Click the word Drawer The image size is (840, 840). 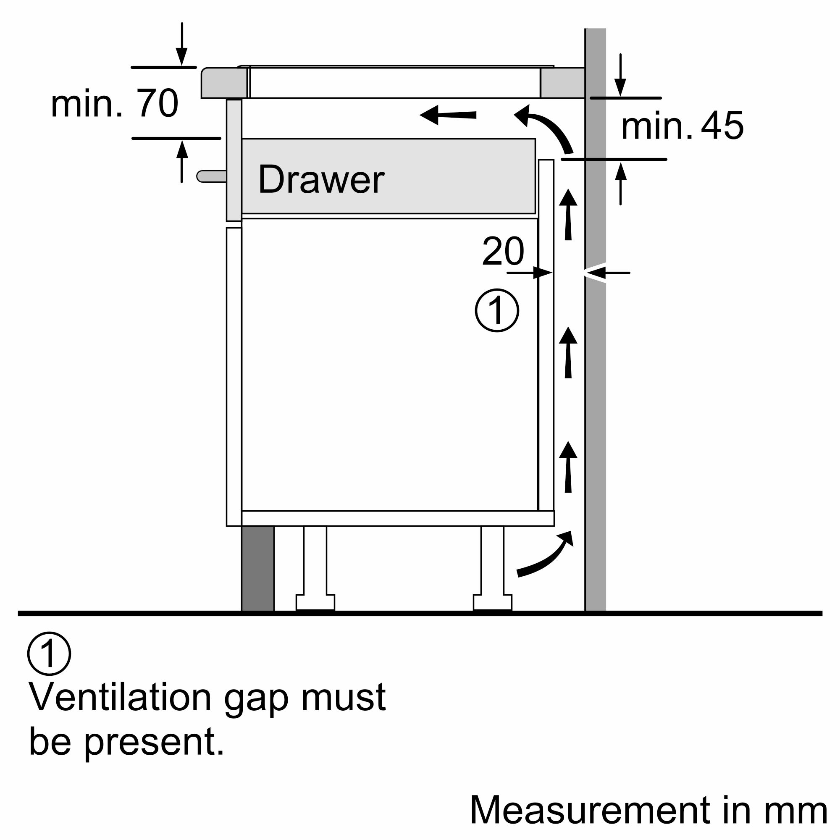321,180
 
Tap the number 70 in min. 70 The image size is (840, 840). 157,103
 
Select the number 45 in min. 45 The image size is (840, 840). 722,126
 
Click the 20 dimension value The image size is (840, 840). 503,251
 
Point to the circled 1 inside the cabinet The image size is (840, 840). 496,310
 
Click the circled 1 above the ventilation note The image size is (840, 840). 49,654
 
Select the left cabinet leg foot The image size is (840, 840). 315,602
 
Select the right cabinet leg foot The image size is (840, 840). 492,602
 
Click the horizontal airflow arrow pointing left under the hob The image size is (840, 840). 448,115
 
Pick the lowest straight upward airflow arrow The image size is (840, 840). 568,467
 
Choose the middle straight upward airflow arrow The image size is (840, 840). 568,353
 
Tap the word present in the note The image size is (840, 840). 154,743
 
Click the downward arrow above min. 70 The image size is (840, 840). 182,44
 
